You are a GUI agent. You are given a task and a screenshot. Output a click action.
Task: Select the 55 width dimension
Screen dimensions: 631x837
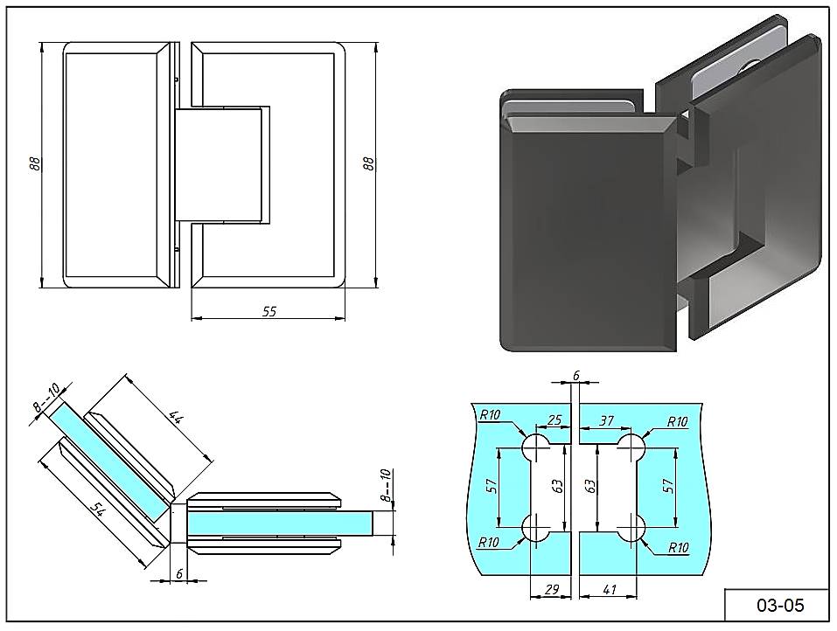click(x=269, y=310)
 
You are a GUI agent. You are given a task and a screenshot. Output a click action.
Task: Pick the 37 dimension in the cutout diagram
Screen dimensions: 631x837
click(x=605, y=421)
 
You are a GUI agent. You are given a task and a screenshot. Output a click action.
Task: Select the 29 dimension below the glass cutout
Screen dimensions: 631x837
click(x=551, y=590)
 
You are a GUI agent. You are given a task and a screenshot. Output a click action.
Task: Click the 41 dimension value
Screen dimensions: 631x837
click(x=610, y=590)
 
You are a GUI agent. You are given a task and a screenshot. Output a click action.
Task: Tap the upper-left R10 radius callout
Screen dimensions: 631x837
click(x=490, y=415)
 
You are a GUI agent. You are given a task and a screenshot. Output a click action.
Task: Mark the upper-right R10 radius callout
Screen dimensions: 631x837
click(x=677, y=422)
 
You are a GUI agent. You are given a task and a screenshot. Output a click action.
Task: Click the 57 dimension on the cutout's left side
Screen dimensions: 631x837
click(x=491, y=486)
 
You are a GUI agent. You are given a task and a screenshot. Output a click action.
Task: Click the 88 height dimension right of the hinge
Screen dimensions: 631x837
click(x=368, y=163)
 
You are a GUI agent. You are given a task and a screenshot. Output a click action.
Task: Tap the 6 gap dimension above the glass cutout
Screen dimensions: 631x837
click(x=575, y=375)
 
